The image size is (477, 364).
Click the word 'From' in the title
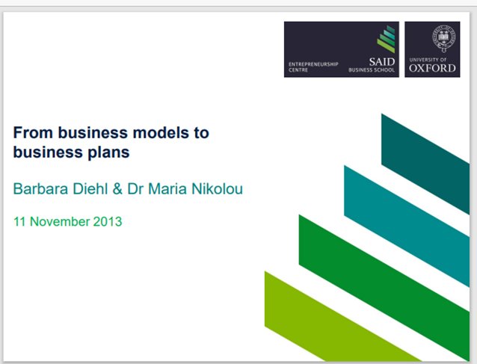33,132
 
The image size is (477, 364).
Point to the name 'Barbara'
40,188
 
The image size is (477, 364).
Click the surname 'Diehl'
90,188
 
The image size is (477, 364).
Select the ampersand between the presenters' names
117,188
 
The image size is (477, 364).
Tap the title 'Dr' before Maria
135,188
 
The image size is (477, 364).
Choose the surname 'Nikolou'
218,188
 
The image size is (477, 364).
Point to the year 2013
108,221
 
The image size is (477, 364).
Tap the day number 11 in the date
19,221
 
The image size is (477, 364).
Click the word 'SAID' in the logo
382,62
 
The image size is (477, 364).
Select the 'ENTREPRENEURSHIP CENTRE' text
313,67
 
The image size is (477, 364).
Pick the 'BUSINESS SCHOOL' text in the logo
372,70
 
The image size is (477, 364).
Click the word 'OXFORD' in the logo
432,68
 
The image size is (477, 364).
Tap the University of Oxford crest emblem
444,39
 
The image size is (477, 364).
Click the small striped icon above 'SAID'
386,39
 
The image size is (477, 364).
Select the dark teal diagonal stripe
425,164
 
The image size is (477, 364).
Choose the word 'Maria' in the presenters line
167,188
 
